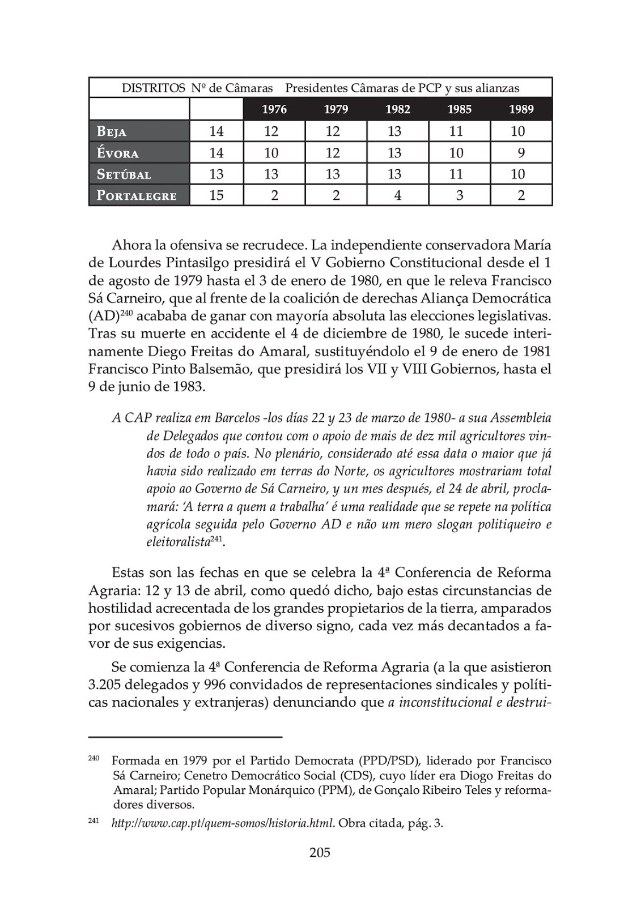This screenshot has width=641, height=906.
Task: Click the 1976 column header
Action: click(274, 109)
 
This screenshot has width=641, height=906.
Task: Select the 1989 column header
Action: click(521, 109)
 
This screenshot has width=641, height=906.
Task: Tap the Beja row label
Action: click(112, 131)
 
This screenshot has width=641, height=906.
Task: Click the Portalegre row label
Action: click(137, 195)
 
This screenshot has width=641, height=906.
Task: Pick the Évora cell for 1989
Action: click(521, 153)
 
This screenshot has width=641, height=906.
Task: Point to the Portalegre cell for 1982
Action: click(397, 195)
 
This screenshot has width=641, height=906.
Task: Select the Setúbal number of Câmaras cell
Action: click(217, 174)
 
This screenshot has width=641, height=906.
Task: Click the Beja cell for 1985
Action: click(459, 131)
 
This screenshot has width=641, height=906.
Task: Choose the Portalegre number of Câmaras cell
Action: click(217, 195)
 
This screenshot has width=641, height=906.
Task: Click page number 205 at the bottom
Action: click(320, 852)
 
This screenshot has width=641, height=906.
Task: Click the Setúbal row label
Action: click(124, 174)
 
